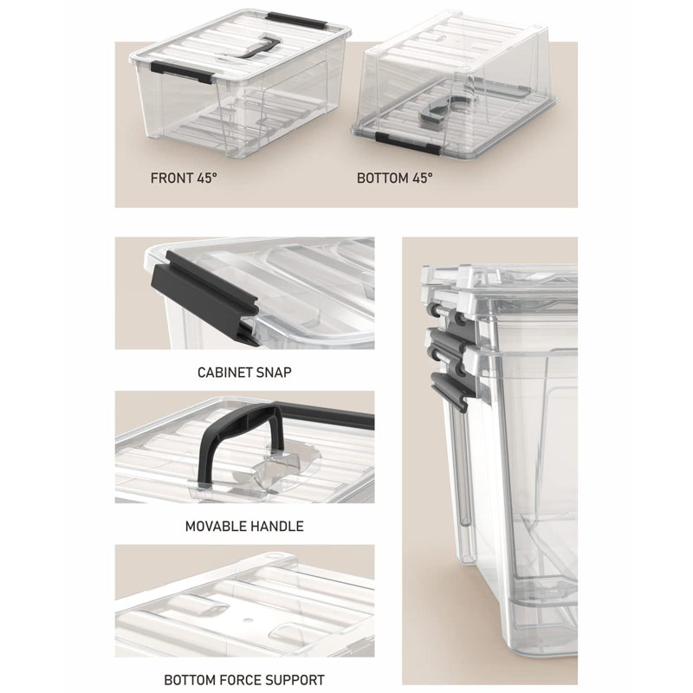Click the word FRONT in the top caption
[172, 178]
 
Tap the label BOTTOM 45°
[395, 178]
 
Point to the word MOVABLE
[216, 527]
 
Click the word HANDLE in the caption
[277, 527]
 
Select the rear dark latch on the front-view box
[296, 20]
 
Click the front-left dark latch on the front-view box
[182, 73]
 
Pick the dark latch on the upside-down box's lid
[407, 142]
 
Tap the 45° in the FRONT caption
[208, 178]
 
